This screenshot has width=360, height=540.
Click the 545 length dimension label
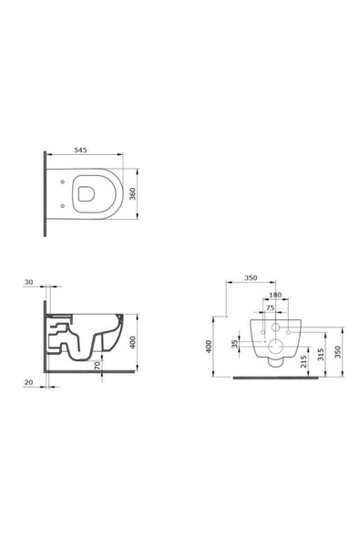[x=80, y=150]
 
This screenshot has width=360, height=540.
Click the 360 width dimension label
[x=132, y=193]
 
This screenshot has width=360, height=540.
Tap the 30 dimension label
[x=28, y=282]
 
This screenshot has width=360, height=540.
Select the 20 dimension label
[x=28, y=382]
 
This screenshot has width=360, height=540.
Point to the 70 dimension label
[x=98, y=366]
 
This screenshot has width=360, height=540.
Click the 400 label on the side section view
[x=132, y=342]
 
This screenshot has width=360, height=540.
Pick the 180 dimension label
[x=275, y=295]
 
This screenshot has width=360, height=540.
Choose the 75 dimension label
[x=270, y=307]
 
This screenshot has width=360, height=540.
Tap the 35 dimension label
[x=235, y=344]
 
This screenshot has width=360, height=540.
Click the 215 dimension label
[x=303, y=361]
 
